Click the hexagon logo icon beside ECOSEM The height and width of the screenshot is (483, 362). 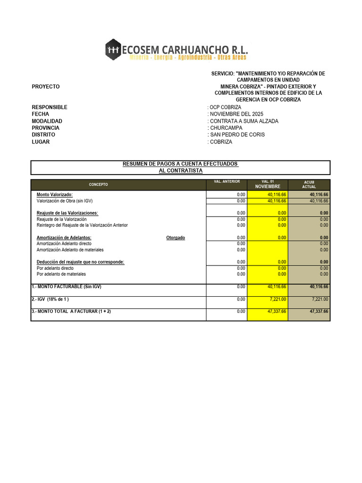113,50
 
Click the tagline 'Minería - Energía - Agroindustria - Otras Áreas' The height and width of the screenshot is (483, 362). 188,58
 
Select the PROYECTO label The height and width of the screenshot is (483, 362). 46,87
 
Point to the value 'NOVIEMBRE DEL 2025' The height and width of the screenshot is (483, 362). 236,114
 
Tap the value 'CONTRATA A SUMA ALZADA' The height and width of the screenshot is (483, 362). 243,121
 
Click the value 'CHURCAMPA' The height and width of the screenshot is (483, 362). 226,128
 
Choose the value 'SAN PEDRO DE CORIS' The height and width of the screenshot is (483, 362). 237,135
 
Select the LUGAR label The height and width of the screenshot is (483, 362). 41,142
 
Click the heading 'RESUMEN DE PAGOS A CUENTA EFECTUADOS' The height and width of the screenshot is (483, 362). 180,164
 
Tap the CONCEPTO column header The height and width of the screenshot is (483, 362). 99,184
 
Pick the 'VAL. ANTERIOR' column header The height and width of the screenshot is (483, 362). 227,182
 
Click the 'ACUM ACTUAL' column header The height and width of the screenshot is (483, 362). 309,184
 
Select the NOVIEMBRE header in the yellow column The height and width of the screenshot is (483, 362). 268,187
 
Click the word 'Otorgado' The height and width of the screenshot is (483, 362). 176,238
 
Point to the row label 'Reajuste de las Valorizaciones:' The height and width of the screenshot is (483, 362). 67,213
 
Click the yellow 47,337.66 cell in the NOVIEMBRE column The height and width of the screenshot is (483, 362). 277,311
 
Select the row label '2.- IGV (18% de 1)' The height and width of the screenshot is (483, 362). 50,299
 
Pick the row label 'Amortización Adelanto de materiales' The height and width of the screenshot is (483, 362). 70,250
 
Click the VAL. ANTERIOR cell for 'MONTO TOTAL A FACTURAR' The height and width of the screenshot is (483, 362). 240,311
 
